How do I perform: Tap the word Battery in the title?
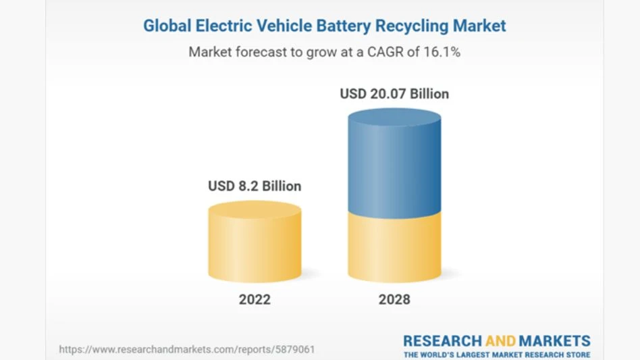(343, 26)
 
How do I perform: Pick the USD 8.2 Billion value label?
(255, 186)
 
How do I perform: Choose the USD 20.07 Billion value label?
(394, 94)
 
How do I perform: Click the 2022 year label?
(255, 299)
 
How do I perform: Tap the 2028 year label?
(394, 299)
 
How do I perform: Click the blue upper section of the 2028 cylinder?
(394, 169)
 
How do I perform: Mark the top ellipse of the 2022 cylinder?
(255, 210)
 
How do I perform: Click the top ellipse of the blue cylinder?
(394, 118)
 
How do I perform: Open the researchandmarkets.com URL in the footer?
(186, 350)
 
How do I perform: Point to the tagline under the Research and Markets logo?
(497, 354)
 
